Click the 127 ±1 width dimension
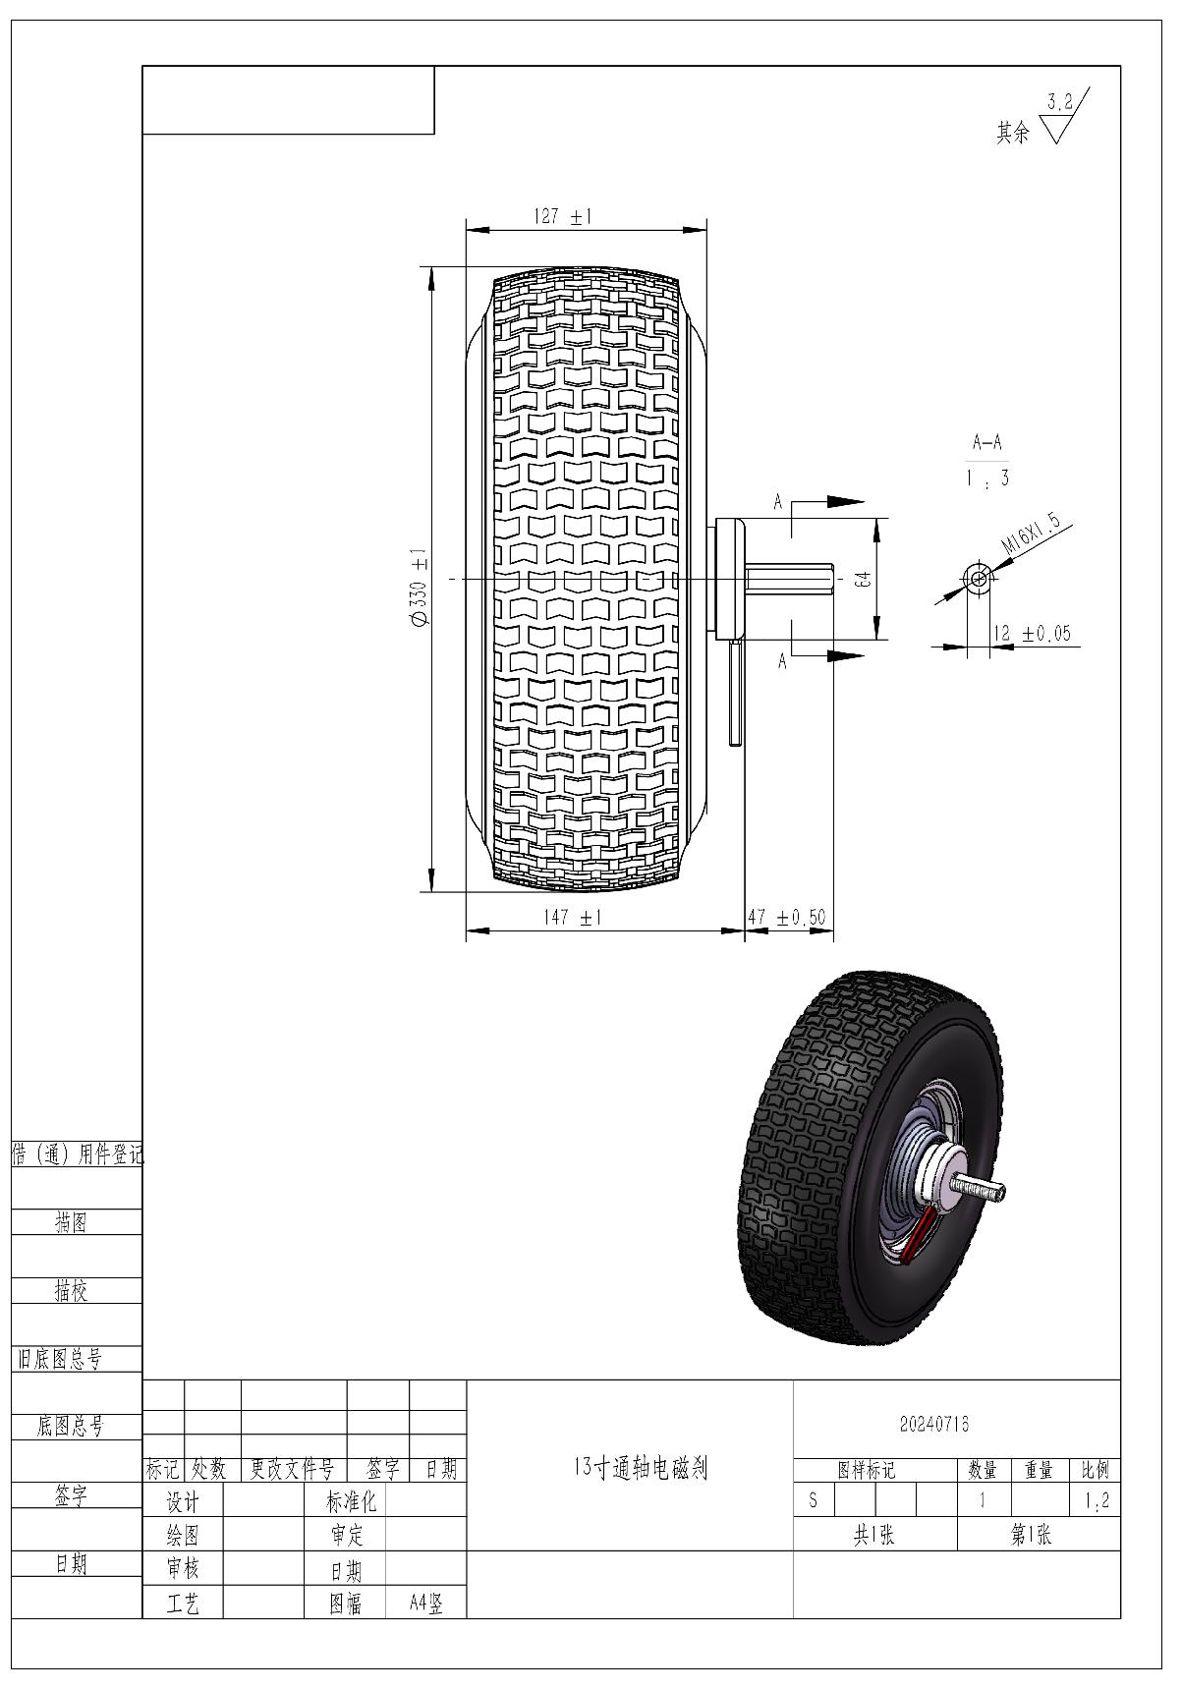click(x=563, y=217)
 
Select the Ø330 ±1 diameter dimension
click(x=419, y=587)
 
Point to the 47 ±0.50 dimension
click(x=787, y=918)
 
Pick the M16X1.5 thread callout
click(x=1031, y=534)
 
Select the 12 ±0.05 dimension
click(x=1031, y=634)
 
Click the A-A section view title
click(x=986, y=442)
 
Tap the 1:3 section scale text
click(x=986, y=479)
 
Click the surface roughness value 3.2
click(x=1059, y=101)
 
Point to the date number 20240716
click(x=934, y=1424)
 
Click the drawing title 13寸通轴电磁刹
click(x=640, y=1469)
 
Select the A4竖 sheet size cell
click(x=426, y=1605)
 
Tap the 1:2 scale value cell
click(x=1095, y=1501)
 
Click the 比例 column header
click(x=1095, y=1470)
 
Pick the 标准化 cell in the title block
click(x=351, y=1501)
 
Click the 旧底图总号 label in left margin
click(x=59, y=1360)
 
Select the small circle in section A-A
click(x=978, y=578)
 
